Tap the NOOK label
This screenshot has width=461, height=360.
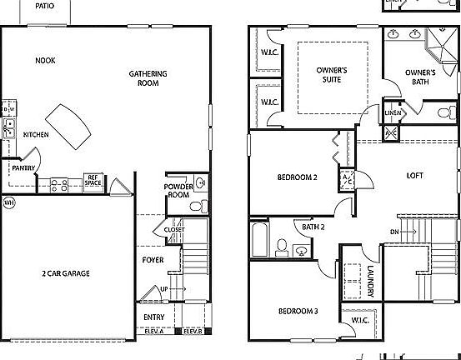(45, 61)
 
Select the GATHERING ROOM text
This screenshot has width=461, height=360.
(148, 78)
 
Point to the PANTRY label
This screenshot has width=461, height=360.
(23, 167)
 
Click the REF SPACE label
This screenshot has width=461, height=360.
(93, 179)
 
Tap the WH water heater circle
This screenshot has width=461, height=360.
(9, 202)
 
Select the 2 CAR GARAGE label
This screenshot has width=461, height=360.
(66, 273)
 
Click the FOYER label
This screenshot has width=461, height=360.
(153, 260)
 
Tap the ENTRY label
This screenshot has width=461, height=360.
(153, 317)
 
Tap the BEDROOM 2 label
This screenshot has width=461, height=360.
(298, 177)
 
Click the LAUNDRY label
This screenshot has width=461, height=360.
(370, 281)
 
